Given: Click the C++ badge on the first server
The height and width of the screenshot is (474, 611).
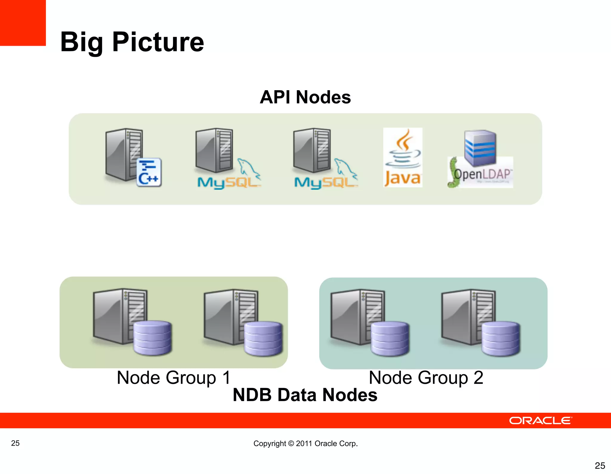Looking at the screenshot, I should click(149, 172).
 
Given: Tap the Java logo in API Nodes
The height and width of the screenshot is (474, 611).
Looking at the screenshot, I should click(402, 157).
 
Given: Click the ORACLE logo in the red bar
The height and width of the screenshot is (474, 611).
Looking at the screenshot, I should click(540, 421).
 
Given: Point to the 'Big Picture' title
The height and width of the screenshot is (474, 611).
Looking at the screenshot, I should click(132, 42).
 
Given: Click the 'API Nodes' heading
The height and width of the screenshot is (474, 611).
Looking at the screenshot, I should click(305, 97).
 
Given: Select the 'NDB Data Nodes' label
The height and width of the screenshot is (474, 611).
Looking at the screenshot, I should click(305, 395).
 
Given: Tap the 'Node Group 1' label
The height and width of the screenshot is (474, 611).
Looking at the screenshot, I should click(174, 378).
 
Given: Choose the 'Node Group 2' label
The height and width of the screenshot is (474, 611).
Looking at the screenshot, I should click(426, 378).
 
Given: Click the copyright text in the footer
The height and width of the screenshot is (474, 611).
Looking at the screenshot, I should click(305, 443).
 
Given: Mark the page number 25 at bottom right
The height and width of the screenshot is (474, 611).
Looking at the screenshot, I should click(600, 465).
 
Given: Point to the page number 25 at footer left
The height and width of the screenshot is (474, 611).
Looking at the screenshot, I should click(15, 443).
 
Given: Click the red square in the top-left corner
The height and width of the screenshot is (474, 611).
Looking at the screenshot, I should click(23, 23).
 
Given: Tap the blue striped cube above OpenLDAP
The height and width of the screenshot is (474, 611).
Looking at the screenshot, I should click(480, 147).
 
